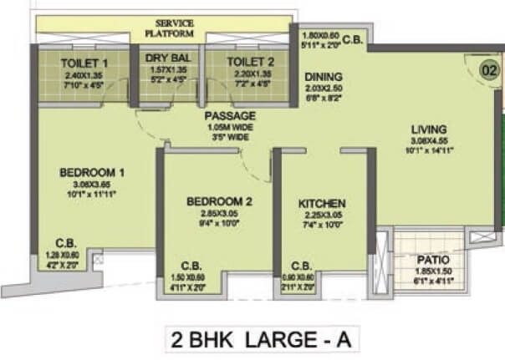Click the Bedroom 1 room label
92,173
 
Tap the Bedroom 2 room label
218,201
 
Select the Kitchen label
323,204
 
